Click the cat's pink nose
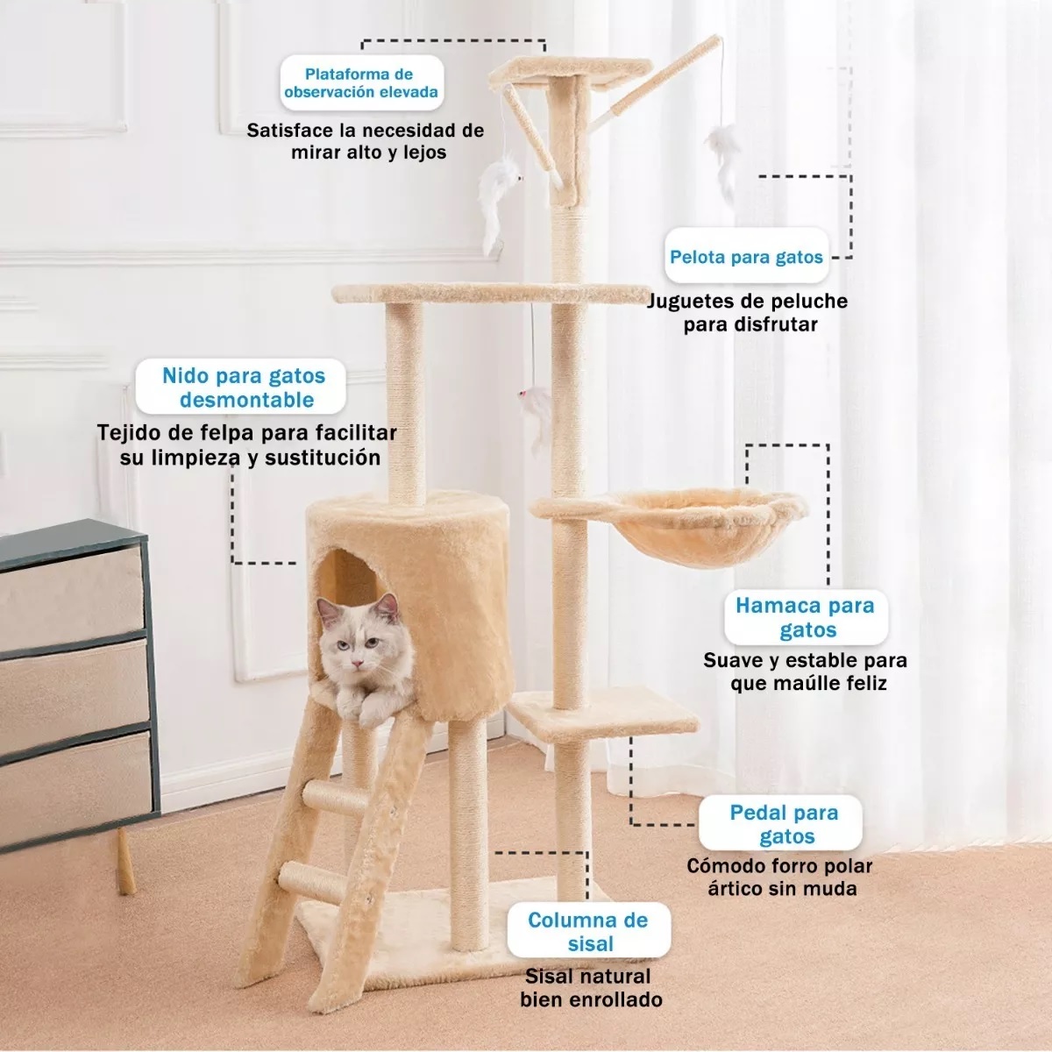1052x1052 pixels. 357,664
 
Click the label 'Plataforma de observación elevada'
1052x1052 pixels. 361,83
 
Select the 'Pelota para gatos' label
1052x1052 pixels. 746,257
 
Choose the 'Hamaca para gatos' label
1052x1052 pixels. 806,617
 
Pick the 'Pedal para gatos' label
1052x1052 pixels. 781,824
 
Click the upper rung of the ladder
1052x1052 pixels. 334,798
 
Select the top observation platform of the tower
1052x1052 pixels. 571,73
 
